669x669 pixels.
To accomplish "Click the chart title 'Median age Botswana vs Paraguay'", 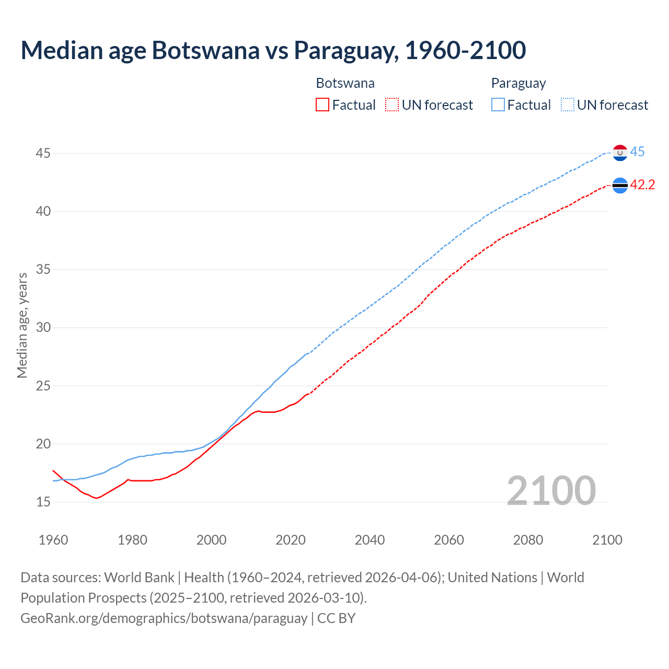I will tap(273, 50).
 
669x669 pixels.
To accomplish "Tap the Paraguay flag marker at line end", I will tap(620, 153).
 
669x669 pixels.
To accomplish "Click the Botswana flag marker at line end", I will tap(620, 185).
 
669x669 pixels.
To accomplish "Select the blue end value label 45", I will tap(637, 152).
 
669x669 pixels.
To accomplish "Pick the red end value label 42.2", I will tap(642, 184).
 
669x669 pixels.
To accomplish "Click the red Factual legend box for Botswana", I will tap(322, 105).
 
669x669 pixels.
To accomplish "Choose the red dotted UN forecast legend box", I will tap(392, 105).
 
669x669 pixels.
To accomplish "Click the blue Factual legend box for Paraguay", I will tap(498, 105).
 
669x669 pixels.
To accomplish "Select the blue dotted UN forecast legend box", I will tap(568, 105).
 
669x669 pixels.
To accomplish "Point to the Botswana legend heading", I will tap(345, 83).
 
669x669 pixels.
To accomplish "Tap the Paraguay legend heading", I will tap(518, 83).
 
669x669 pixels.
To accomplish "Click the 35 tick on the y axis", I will tap(43, 270).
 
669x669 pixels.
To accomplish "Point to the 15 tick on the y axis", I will tap(43, 502).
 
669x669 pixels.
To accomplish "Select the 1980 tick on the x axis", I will tap(132, 540).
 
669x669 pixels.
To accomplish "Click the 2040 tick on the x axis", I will tap(370, 540).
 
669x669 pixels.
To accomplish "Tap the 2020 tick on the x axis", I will tap(291, 540).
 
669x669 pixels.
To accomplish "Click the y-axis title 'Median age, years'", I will tap(22, 325).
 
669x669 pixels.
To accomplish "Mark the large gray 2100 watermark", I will tap(551, 490).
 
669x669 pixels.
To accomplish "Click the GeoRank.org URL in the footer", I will tap(164, 618).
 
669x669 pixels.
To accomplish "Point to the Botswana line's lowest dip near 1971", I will tap(96, 498).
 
